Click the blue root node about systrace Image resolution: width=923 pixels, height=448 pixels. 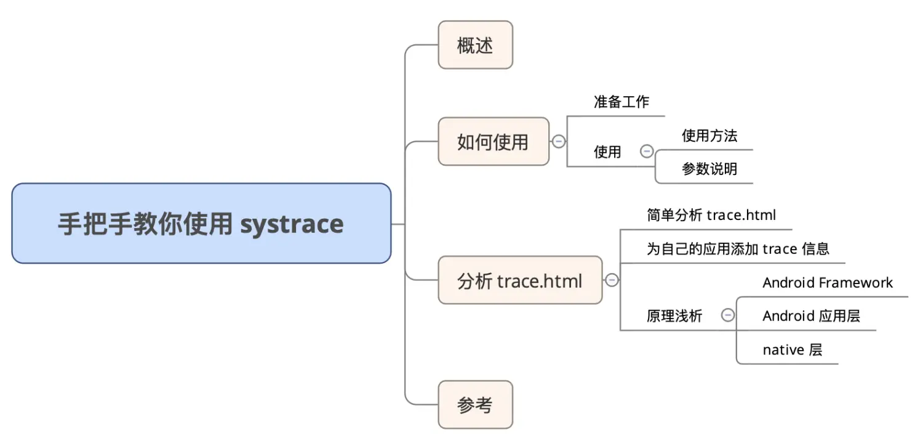(x=201, y=223)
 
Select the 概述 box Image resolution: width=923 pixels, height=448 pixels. (x=475, y=45)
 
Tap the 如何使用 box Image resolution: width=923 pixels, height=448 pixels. (x=493, y=142)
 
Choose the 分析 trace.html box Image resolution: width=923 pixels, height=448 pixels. (x=519, y=280)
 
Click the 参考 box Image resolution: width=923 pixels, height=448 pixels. (x=475, y=405)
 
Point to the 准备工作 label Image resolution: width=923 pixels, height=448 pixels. (x=621, y=102)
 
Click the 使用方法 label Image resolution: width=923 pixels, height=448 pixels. (x=709, y=136)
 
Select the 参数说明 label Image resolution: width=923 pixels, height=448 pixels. (x=709, y=169)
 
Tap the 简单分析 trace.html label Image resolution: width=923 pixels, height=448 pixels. (x=711, y=215)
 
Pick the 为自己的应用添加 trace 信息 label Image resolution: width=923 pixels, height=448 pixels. (x=737, y=248)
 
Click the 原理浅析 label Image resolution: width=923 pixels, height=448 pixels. (x=674, y=316)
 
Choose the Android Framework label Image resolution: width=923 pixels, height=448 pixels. (x=827, y=283)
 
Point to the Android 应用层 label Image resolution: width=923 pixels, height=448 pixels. (x=811, y=316)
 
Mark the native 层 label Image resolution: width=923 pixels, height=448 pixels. (x=792, y=350)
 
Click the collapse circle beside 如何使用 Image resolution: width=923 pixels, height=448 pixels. (x=559, y=142)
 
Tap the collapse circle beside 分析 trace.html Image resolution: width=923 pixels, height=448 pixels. (x=612, y=280)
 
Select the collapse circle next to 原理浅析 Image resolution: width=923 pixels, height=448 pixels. (x=727, y=315)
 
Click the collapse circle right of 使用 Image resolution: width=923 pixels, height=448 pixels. (x=647, y=151)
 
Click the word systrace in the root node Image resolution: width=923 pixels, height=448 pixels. (x=292, y=224)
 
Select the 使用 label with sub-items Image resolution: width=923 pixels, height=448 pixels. (x=607, y=152)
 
